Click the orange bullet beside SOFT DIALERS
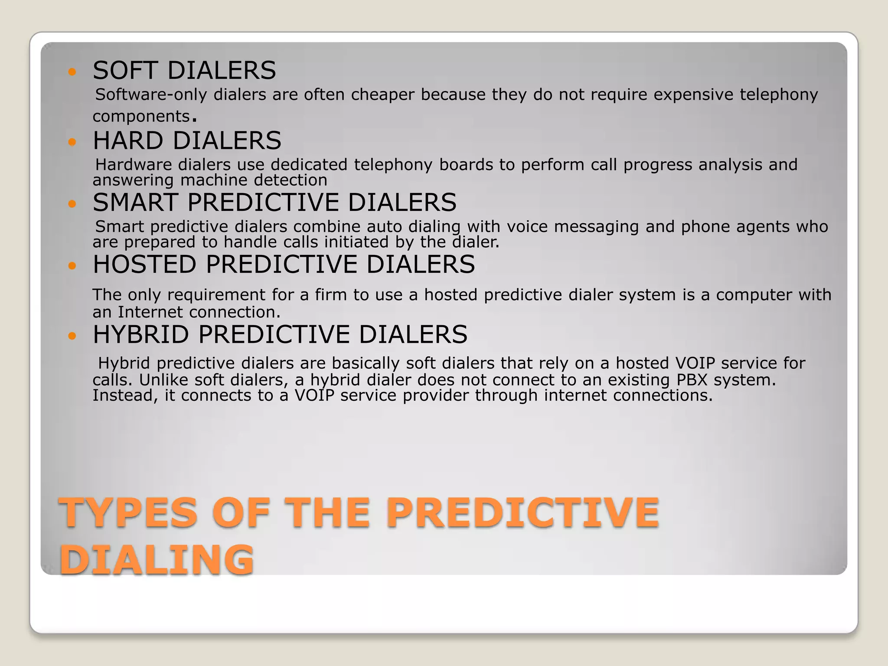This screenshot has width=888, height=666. coord(72,72)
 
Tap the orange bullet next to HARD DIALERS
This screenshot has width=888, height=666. coord(72,142)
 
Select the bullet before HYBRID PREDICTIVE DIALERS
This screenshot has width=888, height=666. coord(72,336)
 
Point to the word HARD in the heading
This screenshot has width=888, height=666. coord(128,140)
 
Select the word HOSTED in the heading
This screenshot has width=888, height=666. coord(144,264)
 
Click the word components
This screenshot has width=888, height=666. coord(141,117)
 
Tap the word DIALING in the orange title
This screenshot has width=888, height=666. coord(157,560)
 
